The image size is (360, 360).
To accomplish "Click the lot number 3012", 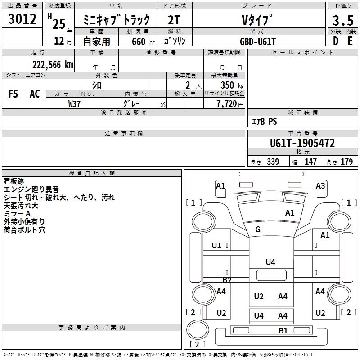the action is tap(22, 19).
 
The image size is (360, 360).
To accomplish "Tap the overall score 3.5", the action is tap(343, 20).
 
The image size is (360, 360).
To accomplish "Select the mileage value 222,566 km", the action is tap(53, 65).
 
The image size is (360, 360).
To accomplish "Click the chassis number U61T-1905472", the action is tap(302, 143).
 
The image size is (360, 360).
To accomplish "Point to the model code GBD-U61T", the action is tap(257, 41).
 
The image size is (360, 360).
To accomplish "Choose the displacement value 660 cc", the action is tap(143, 42).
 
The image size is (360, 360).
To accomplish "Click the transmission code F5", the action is tap(13, 94).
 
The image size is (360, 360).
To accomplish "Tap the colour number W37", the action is tap(74, 104).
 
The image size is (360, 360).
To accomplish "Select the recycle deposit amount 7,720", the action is tap(227, 104).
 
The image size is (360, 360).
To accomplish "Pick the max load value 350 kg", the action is tap(232, 85).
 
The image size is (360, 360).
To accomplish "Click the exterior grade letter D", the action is tap(336, 41).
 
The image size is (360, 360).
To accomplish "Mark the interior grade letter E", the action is tap(350, 41).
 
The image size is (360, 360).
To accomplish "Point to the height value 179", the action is tap(346, 162).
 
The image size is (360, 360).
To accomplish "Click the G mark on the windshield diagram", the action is tap(257, 229).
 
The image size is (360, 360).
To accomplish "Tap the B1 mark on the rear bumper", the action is tap(283, 331).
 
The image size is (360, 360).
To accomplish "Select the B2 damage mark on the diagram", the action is tap(227, 280).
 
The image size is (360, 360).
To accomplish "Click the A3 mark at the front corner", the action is tap(320, 185).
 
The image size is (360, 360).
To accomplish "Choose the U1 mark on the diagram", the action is tap(216, 246).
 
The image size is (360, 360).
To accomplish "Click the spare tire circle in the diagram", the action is tap(198, 330).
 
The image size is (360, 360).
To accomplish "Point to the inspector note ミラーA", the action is tap(17, 214).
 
